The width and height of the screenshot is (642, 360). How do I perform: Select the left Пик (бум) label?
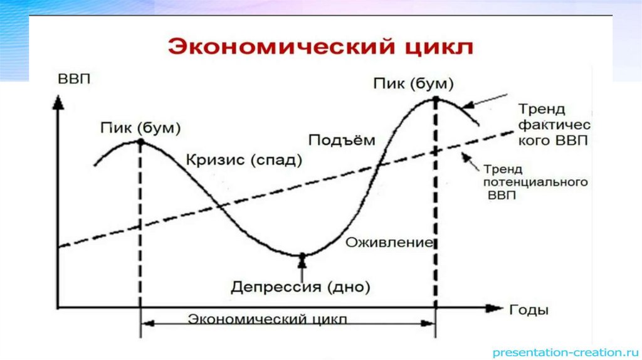140,128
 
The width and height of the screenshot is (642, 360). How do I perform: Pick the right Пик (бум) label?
413,83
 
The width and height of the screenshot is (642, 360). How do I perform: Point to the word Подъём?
342,139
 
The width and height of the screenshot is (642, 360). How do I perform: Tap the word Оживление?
389,242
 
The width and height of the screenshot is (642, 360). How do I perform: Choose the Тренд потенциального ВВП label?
535,183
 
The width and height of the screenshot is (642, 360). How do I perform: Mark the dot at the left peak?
140,142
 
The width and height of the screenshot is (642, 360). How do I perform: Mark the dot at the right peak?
435,98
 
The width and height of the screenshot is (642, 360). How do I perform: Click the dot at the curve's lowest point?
303,255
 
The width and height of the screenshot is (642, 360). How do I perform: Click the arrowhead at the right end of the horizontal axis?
496,308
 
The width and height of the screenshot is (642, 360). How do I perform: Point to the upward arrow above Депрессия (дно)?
303,268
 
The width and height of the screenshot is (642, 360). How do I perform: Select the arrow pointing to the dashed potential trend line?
470,161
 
